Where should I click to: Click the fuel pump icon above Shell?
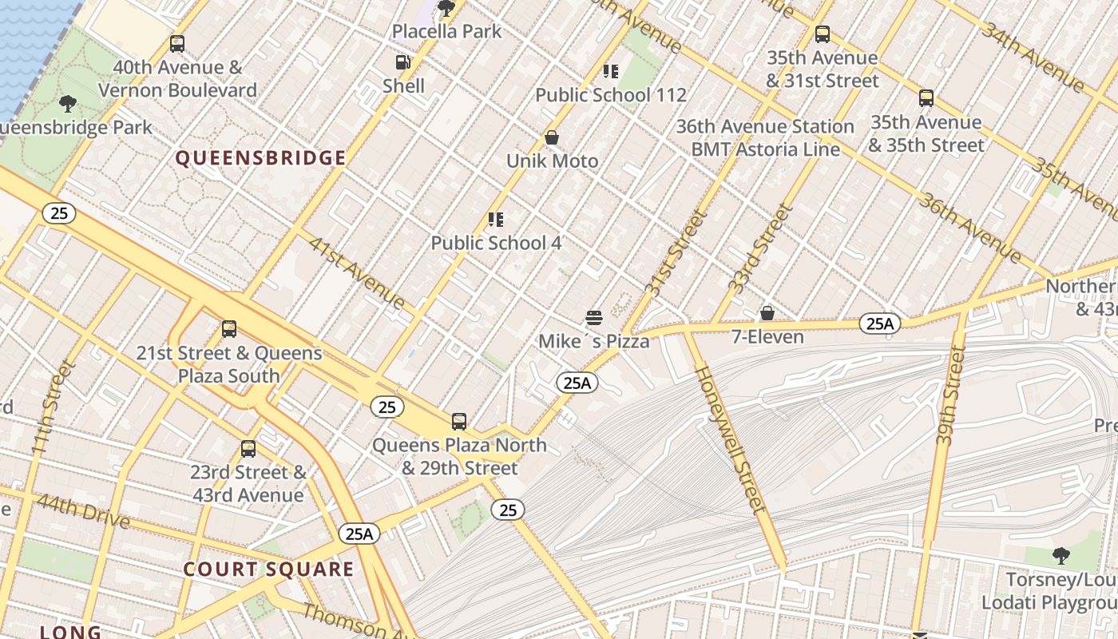403,62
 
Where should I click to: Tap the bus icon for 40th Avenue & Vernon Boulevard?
177,44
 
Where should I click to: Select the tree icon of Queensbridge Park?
68,103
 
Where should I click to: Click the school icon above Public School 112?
611,72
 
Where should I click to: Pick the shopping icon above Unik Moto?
551,138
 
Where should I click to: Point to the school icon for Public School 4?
496,220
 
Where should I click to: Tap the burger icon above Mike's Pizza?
593,318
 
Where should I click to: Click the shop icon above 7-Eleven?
767,313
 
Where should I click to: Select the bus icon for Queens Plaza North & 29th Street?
459,422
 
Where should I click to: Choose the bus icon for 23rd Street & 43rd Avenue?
248,449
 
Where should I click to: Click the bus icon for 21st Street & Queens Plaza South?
229,329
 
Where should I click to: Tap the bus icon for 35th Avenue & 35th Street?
926,99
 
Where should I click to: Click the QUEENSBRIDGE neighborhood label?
260,158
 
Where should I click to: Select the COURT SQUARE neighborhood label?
268,570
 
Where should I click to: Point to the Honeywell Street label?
730,439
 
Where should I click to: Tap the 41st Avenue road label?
356,273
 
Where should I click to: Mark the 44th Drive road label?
82,511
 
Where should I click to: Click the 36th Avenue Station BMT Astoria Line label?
765,137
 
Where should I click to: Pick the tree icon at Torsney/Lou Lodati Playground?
1061,555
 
